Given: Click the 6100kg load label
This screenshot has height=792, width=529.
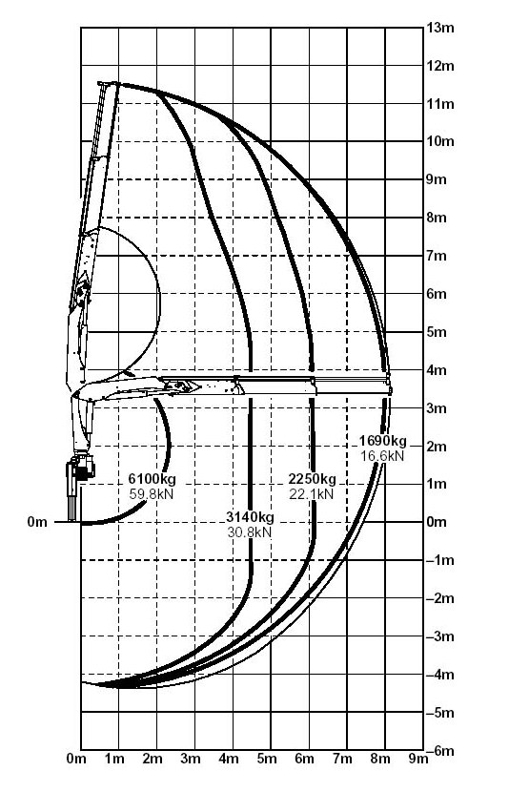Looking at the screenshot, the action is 152,479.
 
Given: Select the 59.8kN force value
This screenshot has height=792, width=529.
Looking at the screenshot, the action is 152,494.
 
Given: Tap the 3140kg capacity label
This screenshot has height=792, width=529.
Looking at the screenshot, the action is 250,517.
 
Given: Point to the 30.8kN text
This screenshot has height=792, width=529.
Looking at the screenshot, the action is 250,531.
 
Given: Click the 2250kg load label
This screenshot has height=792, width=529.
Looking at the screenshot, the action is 312,479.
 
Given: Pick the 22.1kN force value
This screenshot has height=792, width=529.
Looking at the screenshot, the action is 312,494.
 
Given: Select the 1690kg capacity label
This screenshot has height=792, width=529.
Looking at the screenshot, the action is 382,441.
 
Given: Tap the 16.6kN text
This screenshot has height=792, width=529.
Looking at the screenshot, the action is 382,455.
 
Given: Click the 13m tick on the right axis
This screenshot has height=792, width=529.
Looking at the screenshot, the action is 440,28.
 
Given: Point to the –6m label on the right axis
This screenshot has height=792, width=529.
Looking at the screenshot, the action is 440,751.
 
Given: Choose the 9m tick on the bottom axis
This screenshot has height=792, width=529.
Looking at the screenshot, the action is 417,759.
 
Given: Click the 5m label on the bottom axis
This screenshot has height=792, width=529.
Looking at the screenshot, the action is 267,759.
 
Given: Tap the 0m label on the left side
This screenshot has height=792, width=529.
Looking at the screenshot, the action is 37,522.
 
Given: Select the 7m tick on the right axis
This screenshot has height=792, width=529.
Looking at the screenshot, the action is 437,256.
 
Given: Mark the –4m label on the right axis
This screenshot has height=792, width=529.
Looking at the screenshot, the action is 440,675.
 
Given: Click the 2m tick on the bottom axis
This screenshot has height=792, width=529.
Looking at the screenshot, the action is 153,759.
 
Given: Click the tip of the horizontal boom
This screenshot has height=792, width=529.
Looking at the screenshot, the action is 390,389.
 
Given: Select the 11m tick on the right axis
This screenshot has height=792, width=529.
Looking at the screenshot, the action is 440,104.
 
